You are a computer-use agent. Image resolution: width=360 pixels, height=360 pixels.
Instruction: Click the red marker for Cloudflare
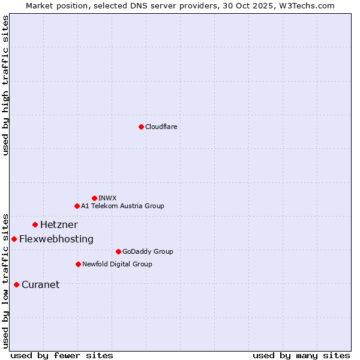coord(141,127)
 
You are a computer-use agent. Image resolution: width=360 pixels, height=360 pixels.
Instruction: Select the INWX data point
coord(94,198)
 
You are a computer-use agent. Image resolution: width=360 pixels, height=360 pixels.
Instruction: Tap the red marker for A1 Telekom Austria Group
coord(77,206)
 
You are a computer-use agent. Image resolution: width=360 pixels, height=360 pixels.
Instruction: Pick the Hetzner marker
coord(35,224)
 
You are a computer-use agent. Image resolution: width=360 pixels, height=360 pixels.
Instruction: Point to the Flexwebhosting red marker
coord(14,239)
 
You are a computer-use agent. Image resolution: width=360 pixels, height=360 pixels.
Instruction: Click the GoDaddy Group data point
coord(118,251)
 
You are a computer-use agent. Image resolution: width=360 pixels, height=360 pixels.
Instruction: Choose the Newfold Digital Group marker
coord(78,264)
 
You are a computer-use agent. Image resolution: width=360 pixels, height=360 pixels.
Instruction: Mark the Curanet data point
coord(16,284)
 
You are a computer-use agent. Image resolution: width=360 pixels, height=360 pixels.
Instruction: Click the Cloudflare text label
coord(161,127)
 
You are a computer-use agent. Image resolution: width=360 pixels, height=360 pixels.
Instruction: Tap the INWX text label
coord(107,198)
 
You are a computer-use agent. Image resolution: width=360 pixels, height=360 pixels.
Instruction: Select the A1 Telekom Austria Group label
coord(122,206)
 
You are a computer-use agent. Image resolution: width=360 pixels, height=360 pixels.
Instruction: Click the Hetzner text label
coord(59,224)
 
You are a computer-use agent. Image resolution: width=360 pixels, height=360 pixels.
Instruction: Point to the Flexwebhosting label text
coord(56,239)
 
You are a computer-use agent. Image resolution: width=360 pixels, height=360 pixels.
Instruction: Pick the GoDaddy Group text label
coord(148,251)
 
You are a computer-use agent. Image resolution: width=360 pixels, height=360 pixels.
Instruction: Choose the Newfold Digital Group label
coord(117,264)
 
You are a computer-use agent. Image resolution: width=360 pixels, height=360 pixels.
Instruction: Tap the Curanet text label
coord(40,284)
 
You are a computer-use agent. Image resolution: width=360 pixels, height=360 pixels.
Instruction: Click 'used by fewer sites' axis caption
coord(62,355)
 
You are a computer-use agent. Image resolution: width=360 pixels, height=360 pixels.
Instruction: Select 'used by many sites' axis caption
coord(301,355)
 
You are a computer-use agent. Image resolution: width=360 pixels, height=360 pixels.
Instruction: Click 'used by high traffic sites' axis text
coord(6,85)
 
